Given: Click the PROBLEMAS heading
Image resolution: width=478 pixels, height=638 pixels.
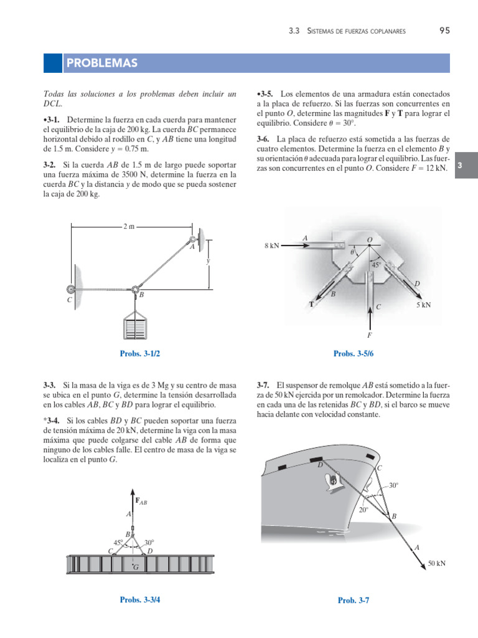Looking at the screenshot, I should click(x=102, y=64).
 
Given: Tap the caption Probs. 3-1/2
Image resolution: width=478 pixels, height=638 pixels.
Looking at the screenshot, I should click(x=144, y=354).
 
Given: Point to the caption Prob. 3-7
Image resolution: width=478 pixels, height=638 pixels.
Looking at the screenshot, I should click(x=354, y=600).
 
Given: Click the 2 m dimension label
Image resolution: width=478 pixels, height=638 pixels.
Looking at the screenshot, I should click(x=128, y=227).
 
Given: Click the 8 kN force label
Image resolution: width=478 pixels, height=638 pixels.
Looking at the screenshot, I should click(x=273, y=246).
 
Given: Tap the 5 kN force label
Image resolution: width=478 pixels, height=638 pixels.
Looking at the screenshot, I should click(x=423, y=305).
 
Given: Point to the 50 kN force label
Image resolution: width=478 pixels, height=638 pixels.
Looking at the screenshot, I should click(x=436, y=563).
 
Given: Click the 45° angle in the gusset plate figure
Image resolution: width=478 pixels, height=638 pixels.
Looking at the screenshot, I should click(x=376, y=265).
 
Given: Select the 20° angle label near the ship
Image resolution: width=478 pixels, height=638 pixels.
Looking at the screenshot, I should click(x=363, y=509).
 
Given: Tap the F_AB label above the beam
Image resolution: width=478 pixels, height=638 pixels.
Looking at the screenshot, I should click(x=141, y=500).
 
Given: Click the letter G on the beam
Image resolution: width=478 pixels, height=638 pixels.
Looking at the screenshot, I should click(x=136, y=567).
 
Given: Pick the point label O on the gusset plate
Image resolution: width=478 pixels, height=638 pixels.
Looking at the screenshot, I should click(x=369, y=239).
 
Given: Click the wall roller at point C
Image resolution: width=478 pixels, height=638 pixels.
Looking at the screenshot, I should click(x=71, y=289).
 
